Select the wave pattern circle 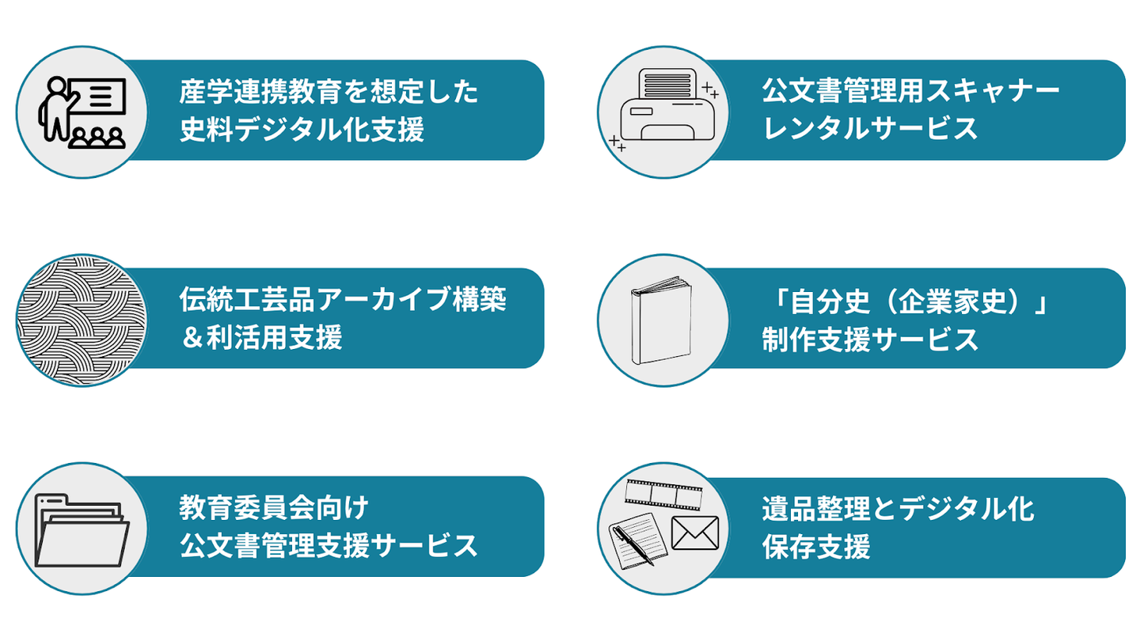click(x=82, y=320)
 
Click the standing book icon click(x=662, y=320)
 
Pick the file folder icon click(x=82, y=530)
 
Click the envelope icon click(x=695, y=533)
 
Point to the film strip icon click(x=663, y=495)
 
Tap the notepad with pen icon click(x=638, y=540)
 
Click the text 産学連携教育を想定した click(x=329, y=92)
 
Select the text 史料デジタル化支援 click(x=302, y=129)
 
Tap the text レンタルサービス click(x=870, y=128)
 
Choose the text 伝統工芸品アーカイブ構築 click(x=343, y=299)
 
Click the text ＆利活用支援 click(x=261, y=337)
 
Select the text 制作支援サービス click(x=870, y=339)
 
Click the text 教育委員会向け click(x=274, y=508)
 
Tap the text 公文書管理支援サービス click(x=329, y=546)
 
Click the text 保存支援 click(x=816, y=547)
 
